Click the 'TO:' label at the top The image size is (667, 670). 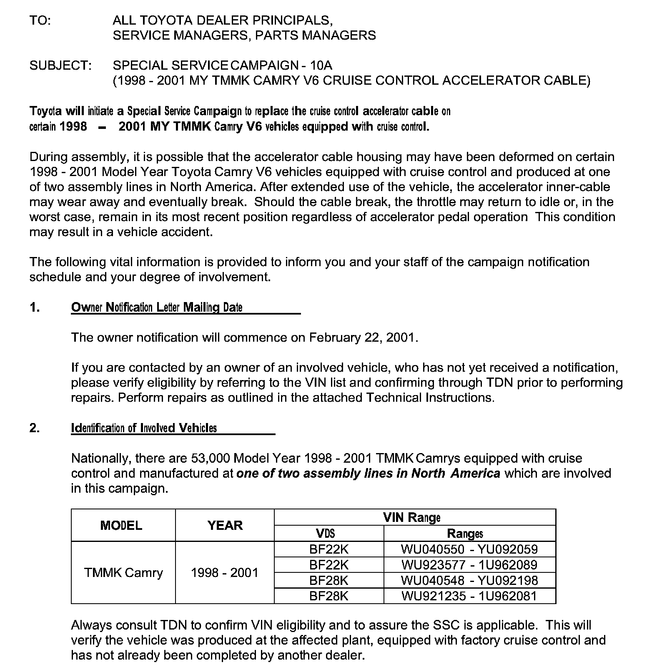tap(40, 20)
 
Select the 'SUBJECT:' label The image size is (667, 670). tap(60, 65)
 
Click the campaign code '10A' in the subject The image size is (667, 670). tap(321, 65)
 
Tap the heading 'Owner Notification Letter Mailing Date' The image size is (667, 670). tap(157, 307)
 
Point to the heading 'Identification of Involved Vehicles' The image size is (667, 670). tap(144, 428)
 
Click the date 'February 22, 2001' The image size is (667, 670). tap(362, 338)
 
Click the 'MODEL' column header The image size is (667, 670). tap(121, 525)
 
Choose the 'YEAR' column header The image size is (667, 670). tap(225, 525)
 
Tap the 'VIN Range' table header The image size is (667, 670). tap(412, 518)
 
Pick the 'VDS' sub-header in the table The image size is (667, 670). tap(326, 534)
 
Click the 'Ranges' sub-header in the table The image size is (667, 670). tap(465, 534)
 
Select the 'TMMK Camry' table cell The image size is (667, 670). tap(123, 573)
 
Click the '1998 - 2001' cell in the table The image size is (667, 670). tap(225, 573)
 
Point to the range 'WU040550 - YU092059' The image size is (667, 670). tap(469, 549)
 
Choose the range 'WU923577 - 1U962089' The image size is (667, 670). tap(469, 565)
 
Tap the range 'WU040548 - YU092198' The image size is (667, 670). tap(469, 580)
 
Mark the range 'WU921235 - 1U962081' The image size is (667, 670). tap(469, 596)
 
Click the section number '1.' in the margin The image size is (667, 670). tap(35, 307)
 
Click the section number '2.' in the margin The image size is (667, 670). tap(35, 428)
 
